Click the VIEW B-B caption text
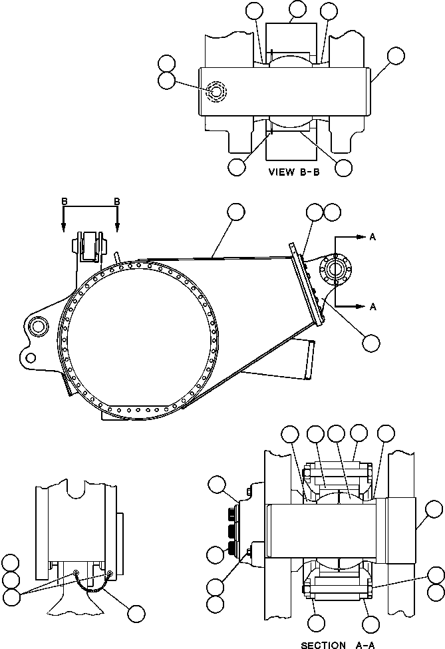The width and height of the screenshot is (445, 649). (x=295, y=171)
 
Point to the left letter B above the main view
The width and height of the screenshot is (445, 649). (x=63, y=200)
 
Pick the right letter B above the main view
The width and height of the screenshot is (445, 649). (x=117, y=200)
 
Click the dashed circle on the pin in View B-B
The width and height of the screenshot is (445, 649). (x=216, y=91)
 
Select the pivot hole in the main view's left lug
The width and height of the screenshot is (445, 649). (x=37, y=325)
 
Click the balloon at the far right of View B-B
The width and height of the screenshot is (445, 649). (x=395, y=55)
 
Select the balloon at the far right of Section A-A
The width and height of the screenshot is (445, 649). (x=433, y=511)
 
